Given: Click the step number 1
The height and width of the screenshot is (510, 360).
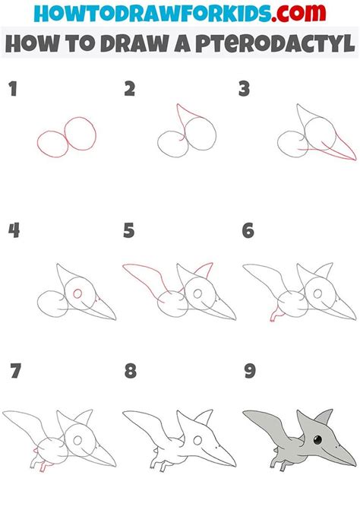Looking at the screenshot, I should [11, 90].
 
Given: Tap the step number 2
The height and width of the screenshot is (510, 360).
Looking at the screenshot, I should [129, 90].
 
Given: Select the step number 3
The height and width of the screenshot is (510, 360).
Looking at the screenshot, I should [245, 90].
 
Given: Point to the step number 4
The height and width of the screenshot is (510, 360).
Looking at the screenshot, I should [13, 230].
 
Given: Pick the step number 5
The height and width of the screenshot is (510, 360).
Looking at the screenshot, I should [129, 230].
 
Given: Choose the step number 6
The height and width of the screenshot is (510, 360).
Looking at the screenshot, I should [247, 230].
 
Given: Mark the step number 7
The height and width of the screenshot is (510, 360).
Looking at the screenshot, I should [13, 372].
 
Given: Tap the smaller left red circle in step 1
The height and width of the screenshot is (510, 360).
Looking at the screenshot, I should [51, 144].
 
